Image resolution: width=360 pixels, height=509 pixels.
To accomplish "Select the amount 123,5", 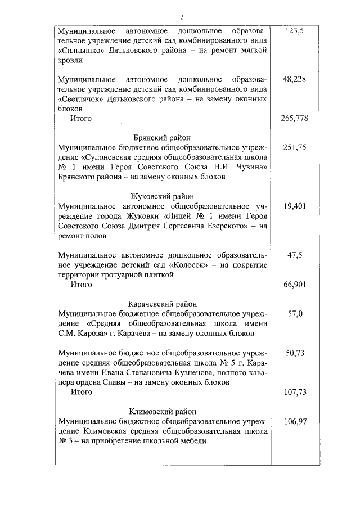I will point(294,30).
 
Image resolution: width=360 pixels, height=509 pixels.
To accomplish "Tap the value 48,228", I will point(295,79).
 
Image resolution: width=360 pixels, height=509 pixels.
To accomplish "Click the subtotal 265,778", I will point(294,119).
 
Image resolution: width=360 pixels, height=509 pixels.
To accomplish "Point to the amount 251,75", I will point(295,147).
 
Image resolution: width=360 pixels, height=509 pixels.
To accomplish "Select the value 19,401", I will point(295,206).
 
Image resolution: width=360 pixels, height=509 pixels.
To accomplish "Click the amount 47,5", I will point(295,255).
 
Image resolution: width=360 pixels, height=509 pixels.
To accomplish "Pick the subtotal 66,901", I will point(295,285).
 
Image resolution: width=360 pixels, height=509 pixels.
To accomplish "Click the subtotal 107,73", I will point(295,393).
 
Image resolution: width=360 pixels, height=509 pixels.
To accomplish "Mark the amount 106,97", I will point(295,422).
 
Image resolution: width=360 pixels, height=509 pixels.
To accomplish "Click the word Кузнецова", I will point(202,373).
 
